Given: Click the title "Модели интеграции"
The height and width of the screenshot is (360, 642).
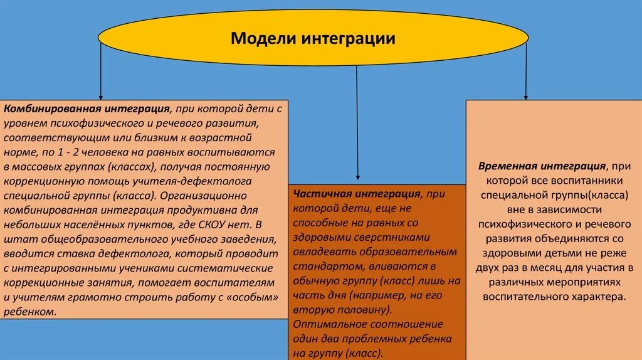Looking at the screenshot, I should coord(313,39).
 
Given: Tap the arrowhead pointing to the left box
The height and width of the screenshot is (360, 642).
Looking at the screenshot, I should coord(100,95).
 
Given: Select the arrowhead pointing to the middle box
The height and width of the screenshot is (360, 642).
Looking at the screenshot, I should coord(357,179).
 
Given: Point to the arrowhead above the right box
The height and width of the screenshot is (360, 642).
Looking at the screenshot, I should coord(526,95).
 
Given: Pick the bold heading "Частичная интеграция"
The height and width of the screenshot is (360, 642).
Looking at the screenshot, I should coord(356,194).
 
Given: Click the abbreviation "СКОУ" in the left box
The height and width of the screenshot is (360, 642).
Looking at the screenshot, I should coord(218,225).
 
